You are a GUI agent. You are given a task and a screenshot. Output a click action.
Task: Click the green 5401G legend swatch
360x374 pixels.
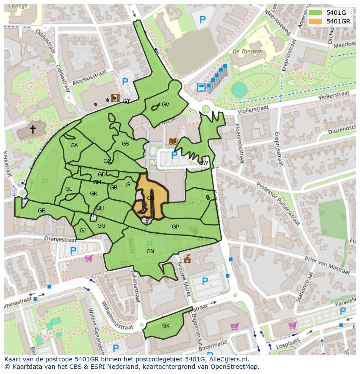tap(316, 13)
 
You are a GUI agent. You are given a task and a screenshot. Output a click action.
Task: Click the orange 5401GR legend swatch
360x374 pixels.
tap(316, 21)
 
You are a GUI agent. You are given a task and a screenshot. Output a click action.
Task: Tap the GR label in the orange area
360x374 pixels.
tap(151, 198)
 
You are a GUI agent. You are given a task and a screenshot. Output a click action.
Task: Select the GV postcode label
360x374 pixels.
tap(165, 105)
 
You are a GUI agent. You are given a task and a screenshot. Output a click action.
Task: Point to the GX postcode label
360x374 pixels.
tap(166, 326)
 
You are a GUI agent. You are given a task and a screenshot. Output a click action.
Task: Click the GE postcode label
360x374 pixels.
tap(41, 211)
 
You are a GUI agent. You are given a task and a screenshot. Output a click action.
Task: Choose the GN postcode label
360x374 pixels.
tap(150, 252)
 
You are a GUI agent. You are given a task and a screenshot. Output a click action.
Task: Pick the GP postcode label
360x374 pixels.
tap(175, 227)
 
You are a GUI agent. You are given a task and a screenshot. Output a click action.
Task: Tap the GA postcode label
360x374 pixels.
tap(74, 146)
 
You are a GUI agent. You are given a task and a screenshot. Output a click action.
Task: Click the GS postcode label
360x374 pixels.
tap(125, 144)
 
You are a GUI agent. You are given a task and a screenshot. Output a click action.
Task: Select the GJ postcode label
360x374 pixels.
tap(83, 231)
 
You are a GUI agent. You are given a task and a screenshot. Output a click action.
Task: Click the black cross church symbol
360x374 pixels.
tap(33, 129)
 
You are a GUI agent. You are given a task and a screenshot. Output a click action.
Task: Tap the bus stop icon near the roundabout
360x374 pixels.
tap(201, 87)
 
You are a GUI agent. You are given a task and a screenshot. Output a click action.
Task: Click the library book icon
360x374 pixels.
tap(173, 141)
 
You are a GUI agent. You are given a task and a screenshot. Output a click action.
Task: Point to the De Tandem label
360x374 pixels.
tap(247, 51)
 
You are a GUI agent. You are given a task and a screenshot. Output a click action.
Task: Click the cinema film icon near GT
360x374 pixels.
tap(115, 98)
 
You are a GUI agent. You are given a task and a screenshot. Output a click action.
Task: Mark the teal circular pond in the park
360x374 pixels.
tap(239, 90)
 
